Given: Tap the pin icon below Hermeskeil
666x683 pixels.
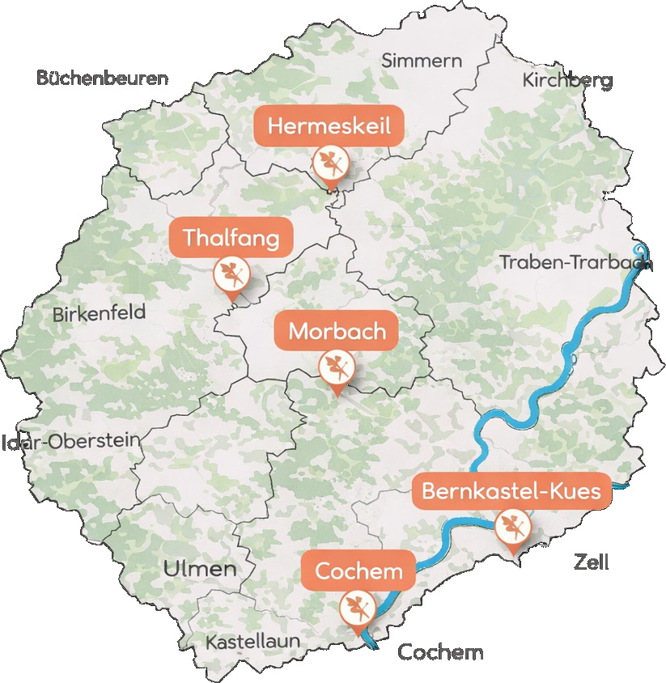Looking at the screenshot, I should (330, 164).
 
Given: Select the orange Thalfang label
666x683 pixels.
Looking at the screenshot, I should (231, 238).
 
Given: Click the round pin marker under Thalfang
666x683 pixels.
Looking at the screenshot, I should (231, 275).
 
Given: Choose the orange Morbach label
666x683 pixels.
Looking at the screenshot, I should (336, 331).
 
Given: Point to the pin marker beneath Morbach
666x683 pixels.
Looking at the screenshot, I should (336, 368).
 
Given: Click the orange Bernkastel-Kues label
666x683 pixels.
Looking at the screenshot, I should (511, 491).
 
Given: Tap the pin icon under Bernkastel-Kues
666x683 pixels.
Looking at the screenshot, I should (512, 528).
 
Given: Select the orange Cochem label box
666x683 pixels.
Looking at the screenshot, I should (358, 572).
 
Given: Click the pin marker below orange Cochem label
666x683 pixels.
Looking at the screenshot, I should (357, 607).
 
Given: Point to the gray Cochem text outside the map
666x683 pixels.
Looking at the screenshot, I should (441, 652).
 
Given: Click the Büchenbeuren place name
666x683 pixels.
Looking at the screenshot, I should (103, 78).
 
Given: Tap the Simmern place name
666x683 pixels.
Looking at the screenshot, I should (422, 61).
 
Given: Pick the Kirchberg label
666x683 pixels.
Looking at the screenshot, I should (567, 80).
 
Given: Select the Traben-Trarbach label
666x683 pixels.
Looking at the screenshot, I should (575, 262).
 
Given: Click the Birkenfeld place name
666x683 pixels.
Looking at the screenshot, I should (99, 314).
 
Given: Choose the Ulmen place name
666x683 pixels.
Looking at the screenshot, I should (200, 569).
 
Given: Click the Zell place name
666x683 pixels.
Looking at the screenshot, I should (591, 562).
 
